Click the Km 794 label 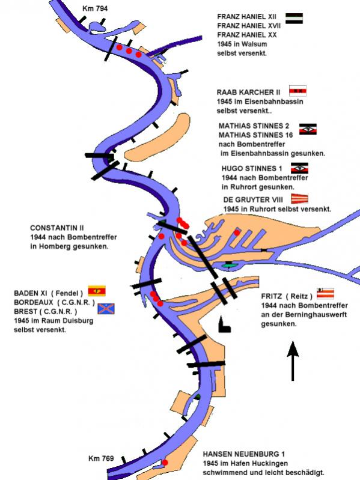pyautogui.click(x=95, y=8)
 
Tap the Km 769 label pyautogui.click(x=101, y=458)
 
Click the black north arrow pyautogui.click(x=293, y=361)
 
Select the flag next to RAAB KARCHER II pyautogui.click(x=297, y=91)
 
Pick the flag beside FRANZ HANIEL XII pyautogui.click(x=294, y=19)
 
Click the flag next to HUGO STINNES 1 pyautogui.click(x=299, y=168)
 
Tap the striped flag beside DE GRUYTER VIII pyautogui.click(x=299, y=199)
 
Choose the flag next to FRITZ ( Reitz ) pyautogui.click(x=325, y=293)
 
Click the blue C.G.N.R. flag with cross pyautogui.click(x=106, y=309)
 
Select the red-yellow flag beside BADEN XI pyautogui.click(x=97, y=291)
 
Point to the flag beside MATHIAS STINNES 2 pyautogui.click(x=308, y=129)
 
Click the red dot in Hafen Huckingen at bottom pyautogui.click(x=165, y=462)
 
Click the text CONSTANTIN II pyautogui.click(x=57, y=228)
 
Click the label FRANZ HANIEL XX pyautogui.click(x=247, y=35)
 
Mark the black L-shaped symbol pyautogui.click(x=224, y=326)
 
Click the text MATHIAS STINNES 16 pyautogui.click(x=255, y=135)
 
